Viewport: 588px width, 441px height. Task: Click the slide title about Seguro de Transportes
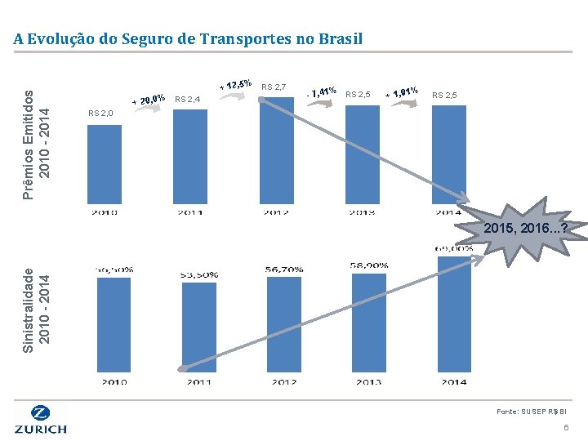coord(188,38)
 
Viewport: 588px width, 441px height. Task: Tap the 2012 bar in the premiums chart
coord(276,151)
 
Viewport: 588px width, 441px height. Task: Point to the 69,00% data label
coord(453,248)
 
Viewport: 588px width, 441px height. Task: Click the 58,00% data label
coord(368,265)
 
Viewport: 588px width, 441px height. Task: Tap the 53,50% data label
coord(198,274)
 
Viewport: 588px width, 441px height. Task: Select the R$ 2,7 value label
coord(274,87)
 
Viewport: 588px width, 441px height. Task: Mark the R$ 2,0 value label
coord(100,114)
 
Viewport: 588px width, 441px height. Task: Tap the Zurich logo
coord(41,419)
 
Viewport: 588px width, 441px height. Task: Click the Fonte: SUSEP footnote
coord(532,412)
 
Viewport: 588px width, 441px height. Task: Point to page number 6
coord(565,429)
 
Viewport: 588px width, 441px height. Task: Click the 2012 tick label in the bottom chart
coord(283,381)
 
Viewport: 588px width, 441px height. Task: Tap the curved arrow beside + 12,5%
coord(238,94)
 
